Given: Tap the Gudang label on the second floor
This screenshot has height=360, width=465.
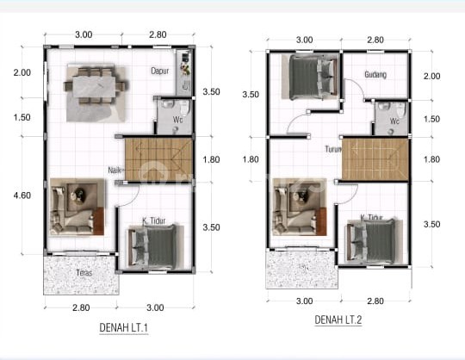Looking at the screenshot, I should coord(375,75).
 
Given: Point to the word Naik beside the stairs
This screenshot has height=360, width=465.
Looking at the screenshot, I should coord(115,170).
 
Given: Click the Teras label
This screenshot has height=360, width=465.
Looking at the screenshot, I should coord(83,273).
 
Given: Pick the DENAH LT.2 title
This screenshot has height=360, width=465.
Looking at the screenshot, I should coord(338,320).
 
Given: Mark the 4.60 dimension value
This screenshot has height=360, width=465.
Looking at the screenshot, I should coord(22,196).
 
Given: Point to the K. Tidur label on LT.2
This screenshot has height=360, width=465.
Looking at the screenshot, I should coord(371,218).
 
